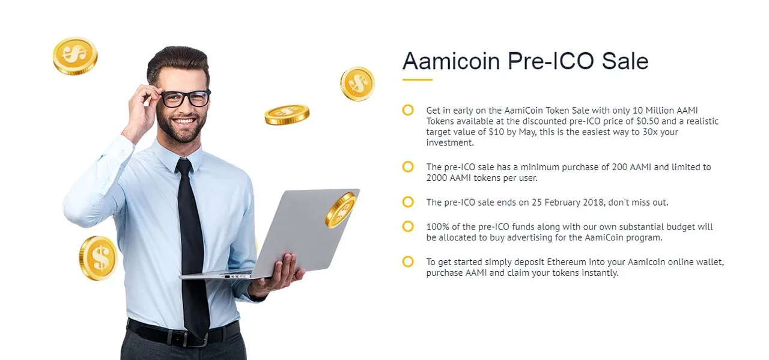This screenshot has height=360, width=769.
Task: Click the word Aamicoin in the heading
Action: pyautogui.click(x=451, y=61)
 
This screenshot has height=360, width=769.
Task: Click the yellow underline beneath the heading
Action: pyautogui.click(x=417, y=80)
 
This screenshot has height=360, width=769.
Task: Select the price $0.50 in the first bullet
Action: pyautogui.click(x=648, y=121)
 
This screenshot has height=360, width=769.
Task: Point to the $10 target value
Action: pyautogui.click(x=496, y=132)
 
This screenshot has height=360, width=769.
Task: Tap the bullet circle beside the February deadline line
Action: pyautogui.click(x=408, y=202)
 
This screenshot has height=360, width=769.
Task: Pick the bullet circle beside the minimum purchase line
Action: pyautogui.click(x=408, y=166)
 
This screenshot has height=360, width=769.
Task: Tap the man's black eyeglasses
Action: pyautogui.click(x=186, y=99)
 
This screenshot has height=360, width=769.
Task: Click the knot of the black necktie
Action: pyautogui.click(x=184, y=166)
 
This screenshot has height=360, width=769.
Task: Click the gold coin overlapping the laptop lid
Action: pyautogui.click(x=341, y=210)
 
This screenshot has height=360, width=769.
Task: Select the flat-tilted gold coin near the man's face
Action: pyautogui.click(x=287, y=115)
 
